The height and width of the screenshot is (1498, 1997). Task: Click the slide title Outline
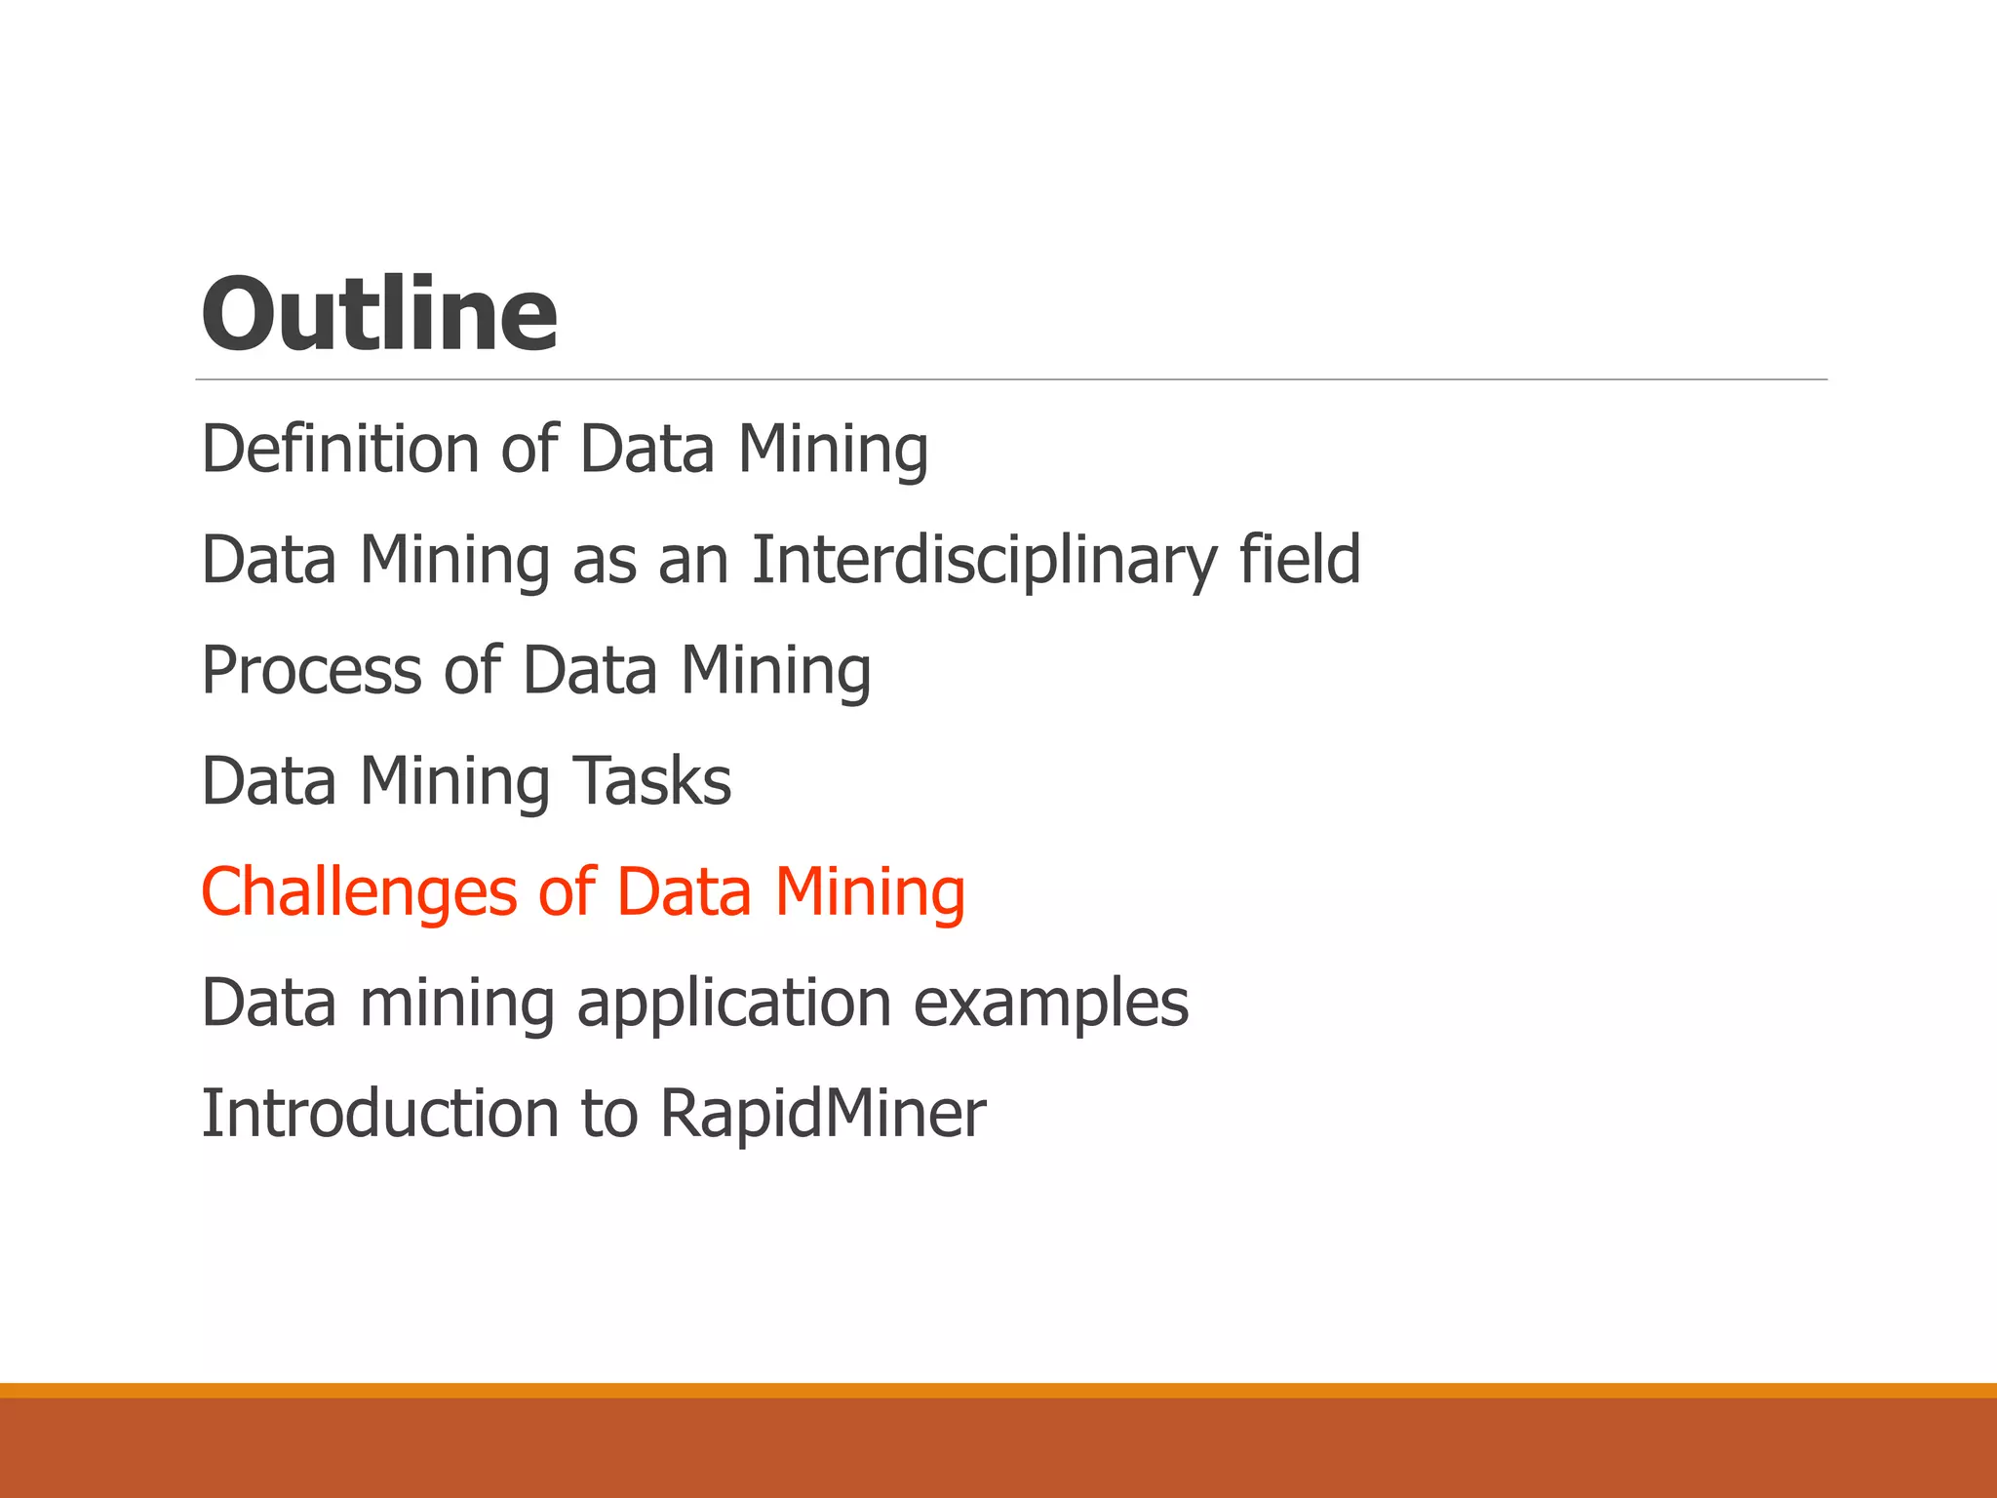point(379,314)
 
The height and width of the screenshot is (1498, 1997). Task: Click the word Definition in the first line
point(339,450)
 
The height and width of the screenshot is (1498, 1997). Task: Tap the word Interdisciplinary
point(984,561)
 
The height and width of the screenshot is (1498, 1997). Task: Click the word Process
point(311,671)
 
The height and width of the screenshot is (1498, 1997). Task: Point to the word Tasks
point(651,781)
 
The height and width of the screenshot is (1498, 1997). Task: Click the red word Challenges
point(359,893)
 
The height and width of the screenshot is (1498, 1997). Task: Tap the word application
point(733,1005)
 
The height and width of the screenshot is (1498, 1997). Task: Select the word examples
point(1051,1005)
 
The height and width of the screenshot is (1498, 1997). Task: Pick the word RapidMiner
point(823,1114)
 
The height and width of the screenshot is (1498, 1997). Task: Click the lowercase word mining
point(457,1005)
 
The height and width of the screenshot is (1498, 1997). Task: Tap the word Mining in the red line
point(870,893)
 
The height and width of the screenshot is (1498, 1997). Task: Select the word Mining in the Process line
point(775,671)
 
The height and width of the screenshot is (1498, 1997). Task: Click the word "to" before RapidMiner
point(609,1114)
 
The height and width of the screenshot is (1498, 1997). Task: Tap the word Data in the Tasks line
point(269,781)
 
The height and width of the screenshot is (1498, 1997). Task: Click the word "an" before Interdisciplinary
point(693,561)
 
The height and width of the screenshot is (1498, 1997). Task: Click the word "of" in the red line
point(567,893)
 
